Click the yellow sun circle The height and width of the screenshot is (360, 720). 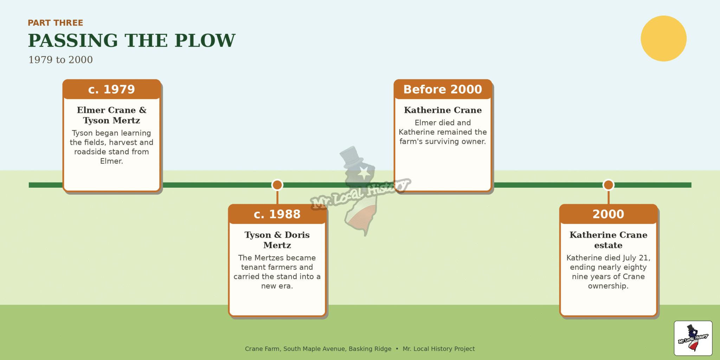(663, 38)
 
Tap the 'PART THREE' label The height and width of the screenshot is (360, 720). (56, 23)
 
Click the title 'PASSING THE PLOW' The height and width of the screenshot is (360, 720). (132, 40)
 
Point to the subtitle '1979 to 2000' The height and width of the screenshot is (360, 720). (60, 60)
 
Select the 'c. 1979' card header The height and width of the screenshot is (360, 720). (111, 89)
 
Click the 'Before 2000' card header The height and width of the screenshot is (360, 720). (443, 89)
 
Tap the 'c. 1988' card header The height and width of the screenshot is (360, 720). (277, 214)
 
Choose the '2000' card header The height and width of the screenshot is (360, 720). (608, 214)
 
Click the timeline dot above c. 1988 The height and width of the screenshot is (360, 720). (277, 185)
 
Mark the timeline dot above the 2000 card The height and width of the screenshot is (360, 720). (608, 185)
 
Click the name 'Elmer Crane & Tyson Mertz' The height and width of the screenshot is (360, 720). (111, 115)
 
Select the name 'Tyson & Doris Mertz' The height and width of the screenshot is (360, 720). (277, 240)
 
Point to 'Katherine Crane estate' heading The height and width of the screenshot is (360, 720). (608, 240)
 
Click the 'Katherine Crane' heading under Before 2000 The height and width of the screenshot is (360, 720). (443, 110)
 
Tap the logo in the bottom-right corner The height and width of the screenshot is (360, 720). (693, 338)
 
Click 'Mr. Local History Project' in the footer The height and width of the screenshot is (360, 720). (438, 349)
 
